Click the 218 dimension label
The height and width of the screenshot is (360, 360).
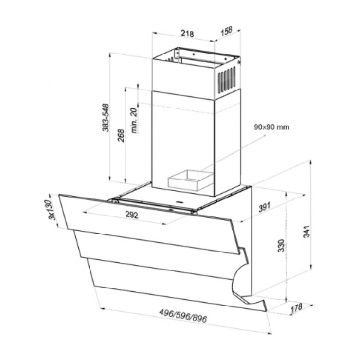tap(187, 33)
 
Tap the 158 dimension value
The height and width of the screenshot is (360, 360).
tap(227, 31)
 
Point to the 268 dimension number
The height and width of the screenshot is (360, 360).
tap(121, 135)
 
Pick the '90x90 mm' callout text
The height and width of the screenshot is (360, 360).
tap(271, 127)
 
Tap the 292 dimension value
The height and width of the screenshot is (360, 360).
tap(132, 215)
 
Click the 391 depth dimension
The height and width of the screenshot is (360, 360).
tap(265, 207)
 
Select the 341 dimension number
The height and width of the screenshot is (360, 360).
tap(306, 232)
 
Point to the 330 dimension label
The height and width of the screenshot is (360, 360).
tap(281, 246)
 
